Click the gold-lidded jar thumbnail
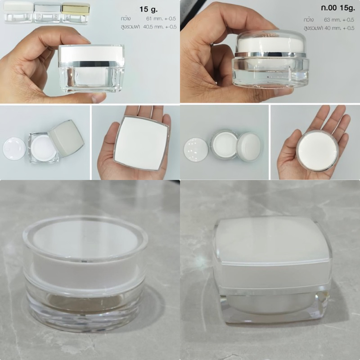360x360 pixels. [x=76, y=13]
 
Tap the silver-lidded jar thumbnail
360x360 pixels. [x=48, y=13]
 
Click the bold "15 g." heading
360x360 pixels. [x=148, y=9]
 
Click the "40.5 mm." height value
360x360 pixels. [x=153, y=27]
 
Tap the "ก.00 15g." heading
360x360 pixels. [x=338, y=8]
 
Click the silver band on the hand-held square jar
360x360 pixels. [x=91, y=64]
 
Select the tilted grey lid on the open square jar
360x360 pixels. [x=66, y=134]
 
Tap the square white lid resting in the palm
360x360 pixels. [x=141, y=143]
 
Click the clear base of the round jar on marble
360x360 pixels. [x=85, y=305]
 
